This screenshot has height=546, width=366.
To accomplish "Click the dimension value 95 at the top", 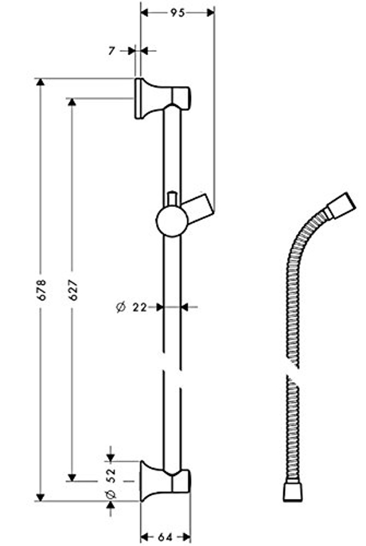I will pyautogui.click(x=177, y=13).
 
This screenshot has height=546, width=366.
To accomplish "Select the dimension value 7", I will pyautogui.click(x=111, y=51).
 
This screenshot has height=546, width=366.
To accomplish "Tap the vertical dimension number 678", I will pyautogui.click(x=41, y=290).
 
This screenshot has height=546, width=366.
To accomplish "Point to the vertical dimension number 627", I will pyautogui.click(x=73, y=290).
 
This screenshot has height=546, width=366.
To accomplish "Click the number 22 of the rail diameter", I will pyautogui.click(x=139, y=307).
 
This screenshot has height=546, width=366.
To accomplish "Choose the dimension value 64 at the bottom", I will pyautogui.click(x=165, y=537).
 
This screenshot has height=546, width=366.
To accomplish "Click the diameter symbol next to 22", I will pyautogui.click(x=120, y=307).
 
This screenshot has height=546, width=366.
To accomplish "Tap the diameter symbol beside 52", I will pyautogui.click(x=111, y=494).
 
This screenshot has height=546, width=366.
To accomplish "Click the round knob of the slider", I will pyautogui.click(x=171, y=221).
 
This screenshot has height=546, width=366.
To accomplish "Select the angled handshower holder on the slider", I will pyautogui.click(x=199, y=209).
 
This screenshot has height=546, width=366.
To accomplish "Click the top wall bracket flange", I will pyautogui.click(x=147, y=99).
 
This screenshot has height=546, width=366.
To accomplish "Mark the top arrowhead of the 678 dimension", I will pyautogui.click(x=40, y=82).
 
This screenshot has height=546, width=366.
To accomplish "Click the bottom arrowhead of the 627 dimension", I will pyautogui.click(x=72, y=477).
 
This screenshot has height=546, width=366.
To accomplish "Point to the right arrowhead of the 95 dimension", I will pyautogui.click(x=210, y=13).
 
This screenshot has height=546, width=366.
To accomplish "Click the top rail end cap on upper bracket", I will pyautogui.click(x=181, y=98).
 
